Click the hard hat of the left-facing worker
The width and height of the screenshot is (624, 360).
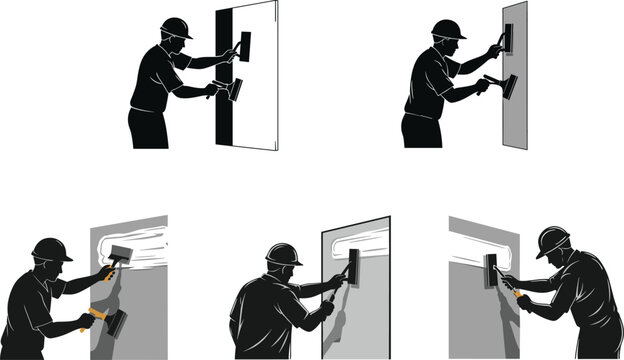coord(553,240)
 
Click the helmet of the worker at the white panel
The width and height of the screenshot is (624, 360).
coord(175,28)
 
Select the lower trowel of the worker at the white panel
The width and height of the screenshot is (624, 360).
coord(235,90)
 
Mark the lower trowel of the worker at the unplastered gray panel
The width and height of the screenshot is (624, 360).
coord(508,86)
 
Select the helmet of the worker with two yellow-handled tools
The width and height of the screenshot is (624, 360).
coord(49,249)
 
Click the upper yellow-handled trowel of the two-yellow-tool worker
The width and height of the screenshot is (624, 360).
coord(120,256)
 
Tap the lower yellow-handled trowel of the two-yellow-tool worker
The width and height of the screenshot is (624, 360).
coord(113,321)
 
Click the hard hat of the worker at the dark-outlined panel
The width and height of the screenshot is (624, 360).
coord(284,254)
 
